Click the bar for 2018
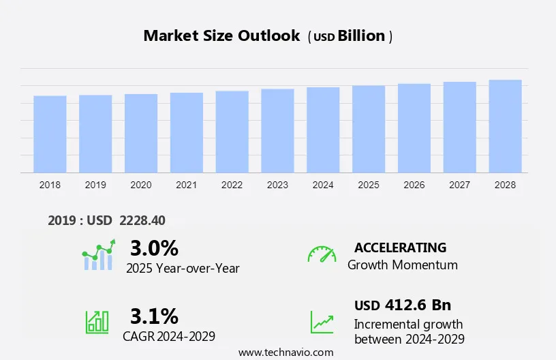coord(50,134)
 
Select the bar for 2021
coord(187,133)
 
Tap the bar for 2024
coord(323,130)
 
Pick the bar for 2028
coord(505,126)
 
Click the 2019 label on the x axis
coord(95,185)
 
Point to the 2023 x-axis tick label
coord(277,185)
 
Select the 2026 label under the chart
coord(414,185)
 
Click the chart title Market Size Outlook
coord(221,36)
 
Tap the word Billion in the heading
coord(362,36)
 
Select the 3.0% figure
coord(154,248)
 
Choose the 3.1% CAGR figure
coord(154,316)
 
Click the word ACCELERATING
coord(400,247)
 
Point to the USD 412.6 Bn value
coord(402,305)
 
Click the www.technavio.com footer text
coord(286,352)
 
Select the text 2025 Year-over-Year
coord(183,268)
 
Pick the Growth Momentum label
coord(402,265)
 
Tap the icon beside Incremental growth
coord(322,322)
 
